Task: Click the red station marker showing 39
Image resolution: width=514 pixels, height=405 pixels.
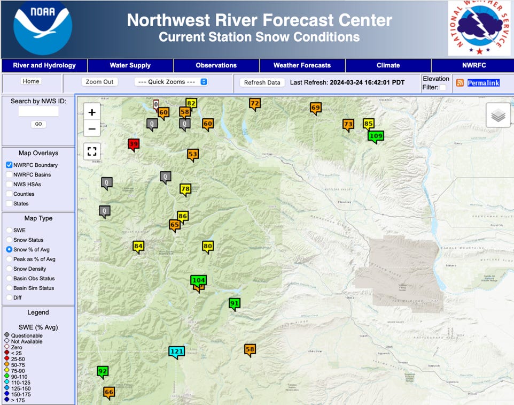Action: click(x=134, y=144)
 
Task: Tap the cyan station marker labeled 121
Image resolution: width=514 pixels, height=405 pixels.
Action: click(x=176, y=351)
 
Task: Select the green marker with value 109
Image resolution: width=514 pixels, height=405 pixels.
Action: click(x=376, y=136)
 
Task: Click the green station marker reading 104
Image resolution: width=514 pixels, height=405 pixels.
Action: click(x=198, y=280)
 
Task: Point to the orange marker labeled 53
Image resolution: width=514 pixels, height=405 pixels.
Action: click(x=193, y=155)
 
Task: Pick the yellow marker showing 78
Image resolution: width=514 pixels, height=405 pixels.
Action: click(x=185, y=189)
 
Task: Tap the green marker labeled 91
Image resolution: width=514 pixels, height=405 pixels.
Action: click(x=234, y=303)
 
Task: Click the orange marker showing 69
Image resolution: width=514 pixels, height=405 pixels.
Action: click(x=315, y=108)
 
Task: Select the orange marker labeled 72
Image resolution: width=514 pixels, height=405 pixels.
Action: click(x=255, y=103)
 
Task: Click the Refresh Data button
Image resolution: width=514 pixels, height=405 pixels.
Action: click(x=262, y=82)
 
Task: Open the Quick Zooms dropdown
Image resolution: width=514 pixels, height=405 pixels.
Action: click(x=171, y=82)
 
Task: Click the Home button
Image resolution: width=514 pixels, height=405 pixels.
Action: click(x=31, y=81)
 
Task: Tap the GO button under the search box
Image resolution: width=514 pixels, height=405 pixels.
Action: click(x=38, y=124)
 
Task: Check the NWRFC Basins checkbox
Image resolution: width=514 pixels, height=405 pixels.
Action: click(x=10, y=175)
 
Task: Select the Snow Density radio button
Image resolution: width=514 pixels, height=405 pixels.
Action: click(x=9, y=269)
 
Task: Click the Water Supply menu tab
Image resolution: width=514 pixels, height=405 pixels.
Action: click(x=130, y=65)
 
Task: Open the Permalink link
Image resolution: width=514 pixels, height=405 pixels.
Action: click(x=483, y=83)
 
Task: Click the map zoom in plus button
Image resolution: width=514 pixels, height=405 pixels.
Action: click(x=92, y=112)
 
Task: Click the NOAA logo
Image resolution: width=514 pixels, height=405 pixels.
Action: click(x=42, y=28)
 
